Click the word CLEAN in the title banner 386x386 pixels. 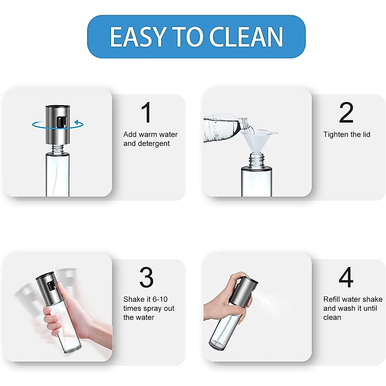click(246, 37)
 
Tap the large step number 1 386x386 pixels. click(146, 113)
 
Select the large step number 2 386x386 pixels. click(346, 113)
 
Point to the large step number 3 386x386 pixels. click(146, 277)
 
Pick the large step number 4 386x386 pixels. click(346, 277)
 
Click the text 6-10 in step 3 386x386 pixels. click(160, 299)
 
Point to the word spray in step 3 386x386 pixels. click(152, 308)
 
